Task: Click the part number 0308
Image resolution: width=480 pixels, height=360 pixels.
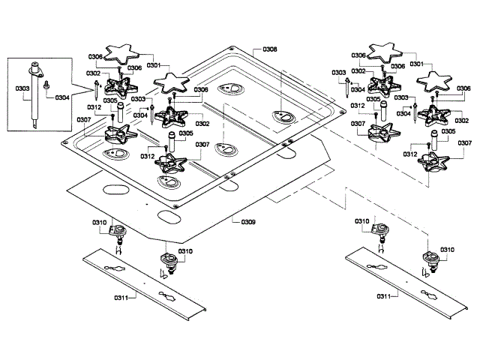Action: [x=270, y=49]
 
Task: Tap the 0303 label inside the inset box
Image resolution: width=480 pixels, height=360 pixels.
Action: [x=22, y=89]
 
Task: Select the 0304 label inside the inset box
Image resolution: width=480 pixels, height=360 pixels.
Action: [x=61, y=97]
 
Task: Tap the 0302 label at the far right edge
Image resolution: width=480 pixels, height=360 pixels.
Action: [x=460, y=120]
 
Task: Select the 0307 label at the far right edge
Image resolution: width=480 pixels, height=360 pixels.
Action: [x=464, y=142]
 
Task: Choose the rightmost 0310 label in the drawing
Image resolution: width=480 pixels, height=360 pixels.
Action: [x=447, y=250]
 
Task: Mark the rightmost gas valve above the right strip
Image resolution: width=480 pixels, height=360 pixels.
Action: [x=429, y=259]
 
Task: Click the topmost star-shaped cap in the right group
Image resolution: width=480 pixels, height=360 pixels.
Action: [x=388, y=52]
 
